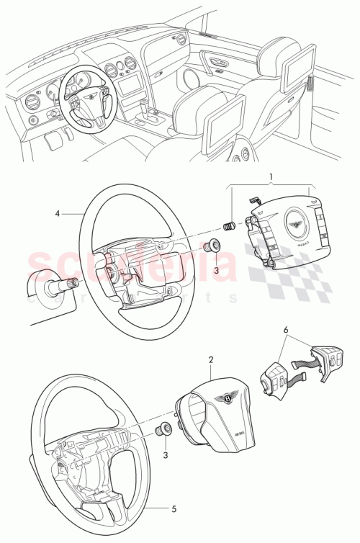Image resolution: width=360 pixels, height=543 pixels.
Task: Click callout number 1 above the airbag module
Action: pyautogui.click(x=271, y=176)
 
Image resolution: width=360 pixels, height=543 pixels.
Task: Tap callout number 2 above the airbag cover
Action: pyautogui.click(x=210, y=359)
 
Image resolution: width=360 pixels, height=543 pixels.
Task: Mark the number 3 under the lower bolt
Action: pyautogui.click(x=166, y=456)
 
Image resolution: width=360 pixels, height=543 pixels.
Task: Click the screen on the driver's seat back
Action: pyautogui.click(x=224, y=130)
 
